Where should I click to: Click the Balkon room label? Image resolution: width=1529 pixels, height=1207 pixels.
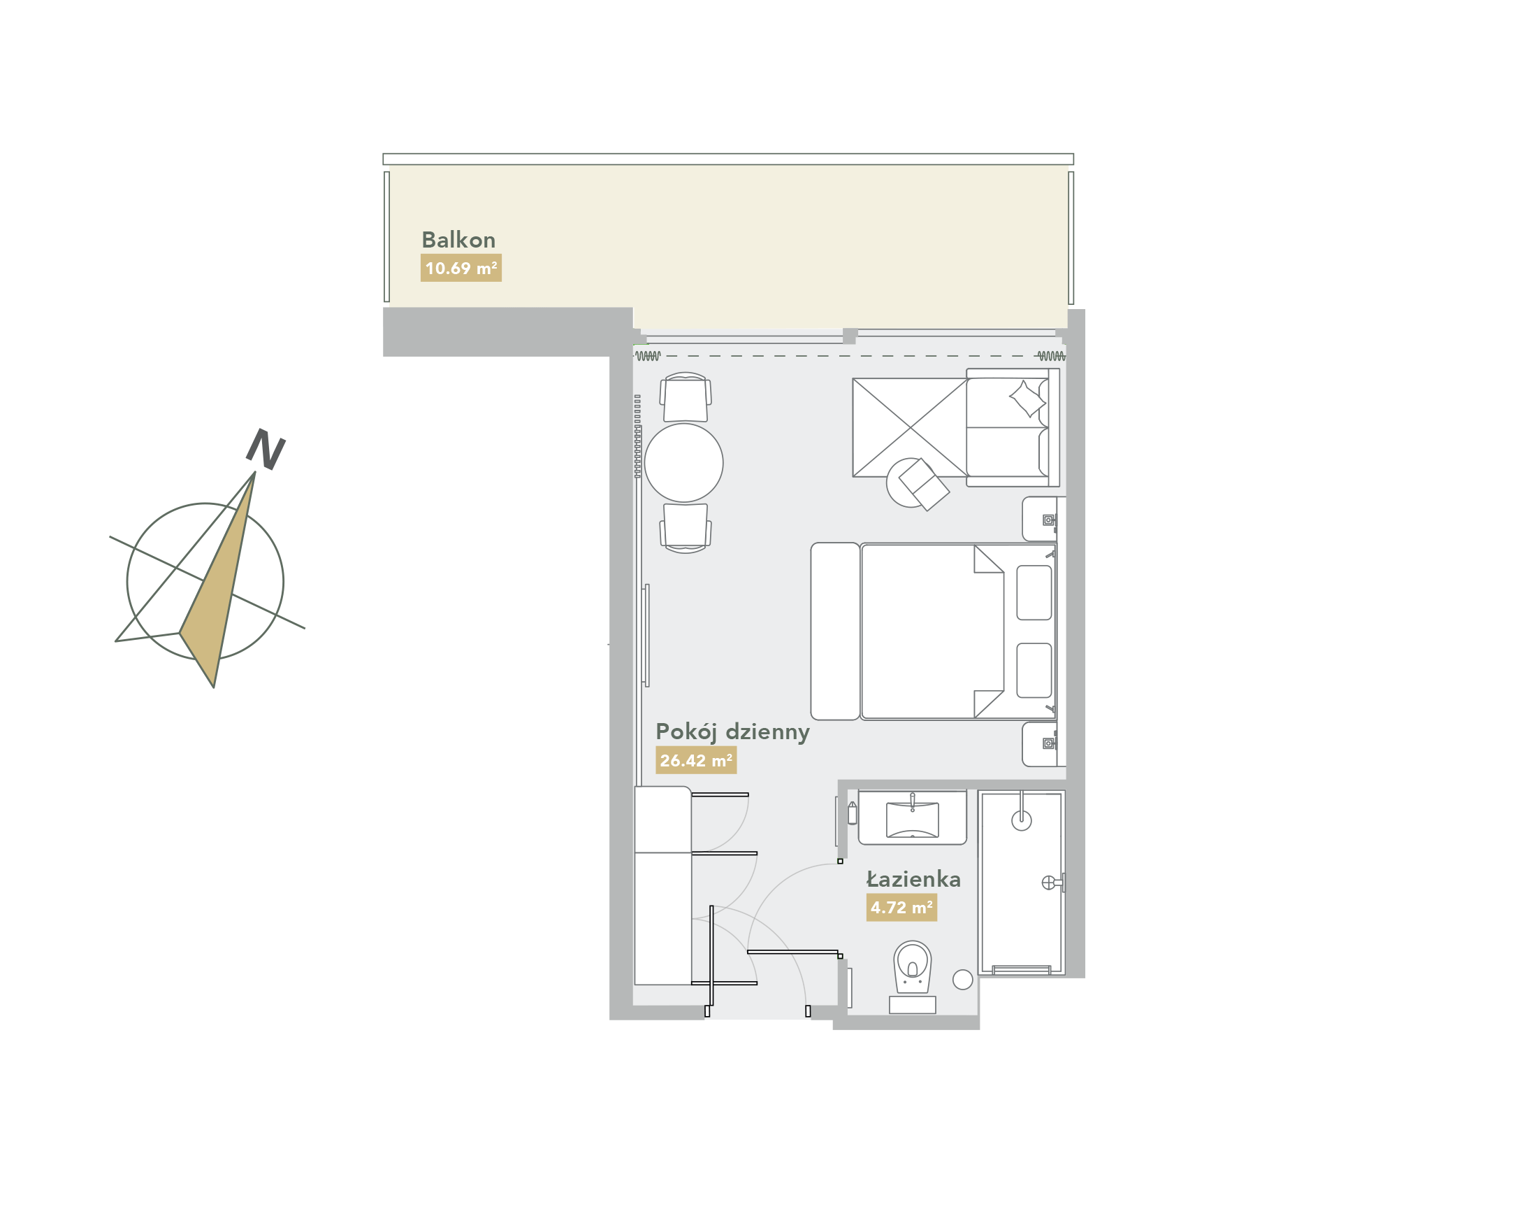point(458,240)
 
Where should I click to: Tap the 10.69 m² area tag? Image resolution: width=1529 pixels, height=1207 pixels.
point(461,268)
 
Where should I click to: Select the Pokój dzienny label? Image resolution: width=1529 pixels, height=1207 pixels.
point(732,732)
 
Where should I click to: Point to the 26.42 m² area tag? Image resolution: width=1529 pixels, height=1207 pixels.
point(695,760)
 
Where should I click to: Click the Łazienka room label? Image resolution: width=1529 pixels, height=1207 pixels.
point(913,878)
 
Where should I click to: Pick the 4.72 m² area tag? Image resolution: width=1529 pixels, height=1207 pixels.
point(901,908)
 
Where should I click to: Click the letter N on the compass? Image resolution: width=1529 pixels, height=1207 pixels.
point(266,450)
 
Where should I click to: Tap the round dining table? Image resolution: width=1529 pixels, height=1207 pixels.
point(683,462)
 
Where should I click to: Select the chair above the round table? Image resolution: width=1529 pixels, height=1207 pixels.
point(685,397)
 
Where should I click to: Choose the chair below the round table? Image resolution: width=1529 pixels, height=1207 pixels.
point(685,528)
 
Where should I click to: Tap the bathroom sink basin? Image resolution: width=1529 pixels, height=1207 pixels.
point(913,820)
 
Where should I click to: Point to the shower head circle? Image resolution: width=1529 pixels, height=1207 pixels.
point(1021,820)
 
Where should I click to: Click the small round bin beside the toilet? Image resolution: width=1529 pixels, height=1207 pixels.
point(962,980)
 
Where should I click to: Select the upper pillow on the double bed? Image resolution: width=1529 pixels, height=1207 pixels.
point(1034,592)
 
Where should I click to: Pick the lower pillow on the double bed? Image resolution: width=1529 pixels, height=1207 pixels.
point(1034,670)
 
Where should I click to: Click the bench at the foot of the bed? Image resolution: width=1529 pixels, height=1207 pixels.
point(835,631)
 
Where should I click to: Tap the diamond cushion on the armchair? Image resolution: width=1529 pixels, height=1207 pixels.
point(1027,399)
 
